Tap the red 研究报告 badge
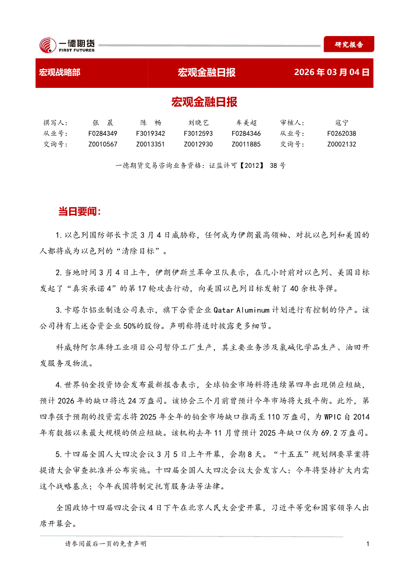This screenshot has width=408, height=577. [349, 44]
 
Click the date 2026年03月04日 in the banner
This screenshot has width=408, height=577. [331, 73]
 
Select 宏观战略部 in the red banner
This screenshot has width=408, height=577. [59, 73]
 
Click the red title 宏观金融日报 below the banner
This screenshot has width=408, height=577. [204, 102]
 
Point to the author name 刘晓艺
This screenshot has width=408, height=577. [198, 123]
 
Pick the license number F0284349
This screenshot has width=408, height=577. [103, 134]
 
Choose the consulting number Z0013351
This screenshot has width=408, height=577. [151, 145]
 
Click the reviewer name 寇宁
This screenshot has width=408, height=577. [341, 123]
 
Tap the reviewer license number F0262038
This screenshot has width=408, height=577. [341, 134]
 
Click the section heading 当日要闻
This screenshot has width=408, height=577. [80, 212]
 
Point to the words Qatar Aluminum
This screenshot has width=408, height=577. [242, 310]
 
